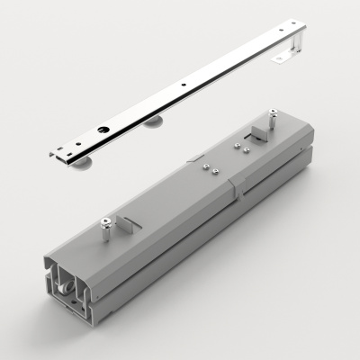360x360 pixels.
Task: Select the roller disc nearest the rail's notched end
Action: point(86,162)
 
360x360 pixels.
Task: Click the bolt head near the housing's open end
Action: point(107,222)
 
